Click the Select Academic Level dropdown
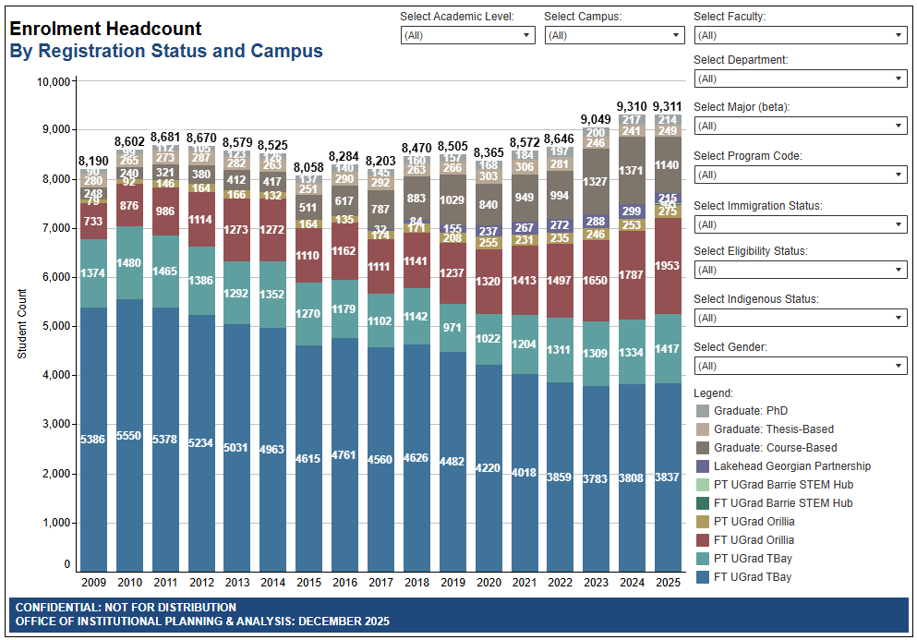[x=467, y=35]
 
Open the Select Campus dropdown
[x=613, y=35]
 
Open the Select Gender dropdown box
[x=800, y=366]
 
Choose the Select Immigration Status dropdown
[x=800, y=224]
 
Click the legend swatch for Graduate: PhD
[x=703, y=411]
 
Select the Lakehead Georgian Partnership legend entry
[x=791, y=466]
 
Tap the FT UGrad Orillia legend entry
[x=754, y=540]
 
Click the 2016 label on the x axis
[x=345, y=583]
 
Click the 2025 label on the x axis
[x=669, y=583]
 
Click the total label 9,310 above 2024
[x=633, y=106]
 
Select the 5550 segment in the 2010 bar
[x=129, y=435]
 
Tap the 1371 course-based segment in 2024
[x=633, y=171]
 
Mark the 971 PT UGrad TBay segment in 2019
[x=452, y=328]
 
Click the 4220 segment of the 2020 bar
[x=489, y=468]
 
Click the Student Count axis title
[x=22, y=323]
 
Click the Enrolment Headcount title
[x=105, y=29]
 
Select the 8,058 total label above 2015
[x=309, y=167]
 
